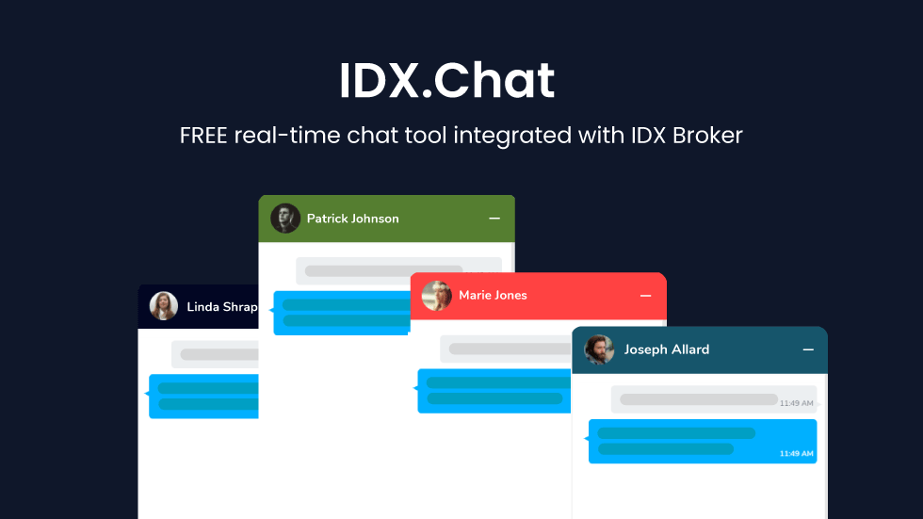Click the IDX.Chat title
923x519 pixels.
click(x=446, y=80)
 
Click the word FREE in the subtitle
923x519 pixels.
click(x=203, y=136)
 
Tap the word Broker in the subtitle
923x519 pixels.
click(x=707, y=136)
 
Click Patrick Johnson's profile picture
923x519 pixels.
click(x=285, y=219)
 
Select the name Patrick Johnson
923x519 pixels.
click(x=352, y=219)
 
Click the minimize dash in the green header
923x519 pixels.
click(x=494, y=219)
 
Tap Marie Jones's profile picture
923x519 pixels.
click(x=437, y=296)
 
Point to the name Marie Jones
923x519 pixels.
click(x=493, y=296)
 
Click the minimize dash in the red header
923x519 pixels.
click(x=646, y=296)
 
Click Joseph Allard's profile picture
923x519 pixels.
click(x=599, y=349)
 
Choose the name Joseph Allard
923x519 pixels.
click(x=667, y=349)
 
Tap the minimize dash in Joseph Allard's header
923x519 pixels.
click(x=808, y=349)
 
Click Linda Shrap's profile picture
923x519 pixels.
click(x=164, y=306)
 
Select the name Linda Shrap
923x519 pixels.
click(x=222, y=306)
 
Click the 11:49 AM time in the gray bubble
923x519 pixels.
click(x=797, y=403)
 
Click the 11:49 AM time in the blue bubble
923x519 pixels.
click(x=797, y=454)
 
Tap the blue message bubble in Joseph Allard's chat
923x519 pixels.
click(x=703, y=442)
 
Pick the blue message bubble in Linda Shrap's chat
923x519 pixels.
click(x=203, y=396)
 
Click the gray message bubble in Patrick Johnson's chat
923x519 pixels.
click(x=398, y=270)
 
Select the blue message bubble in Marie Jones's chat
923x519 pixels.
click(x=494, y=391)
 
